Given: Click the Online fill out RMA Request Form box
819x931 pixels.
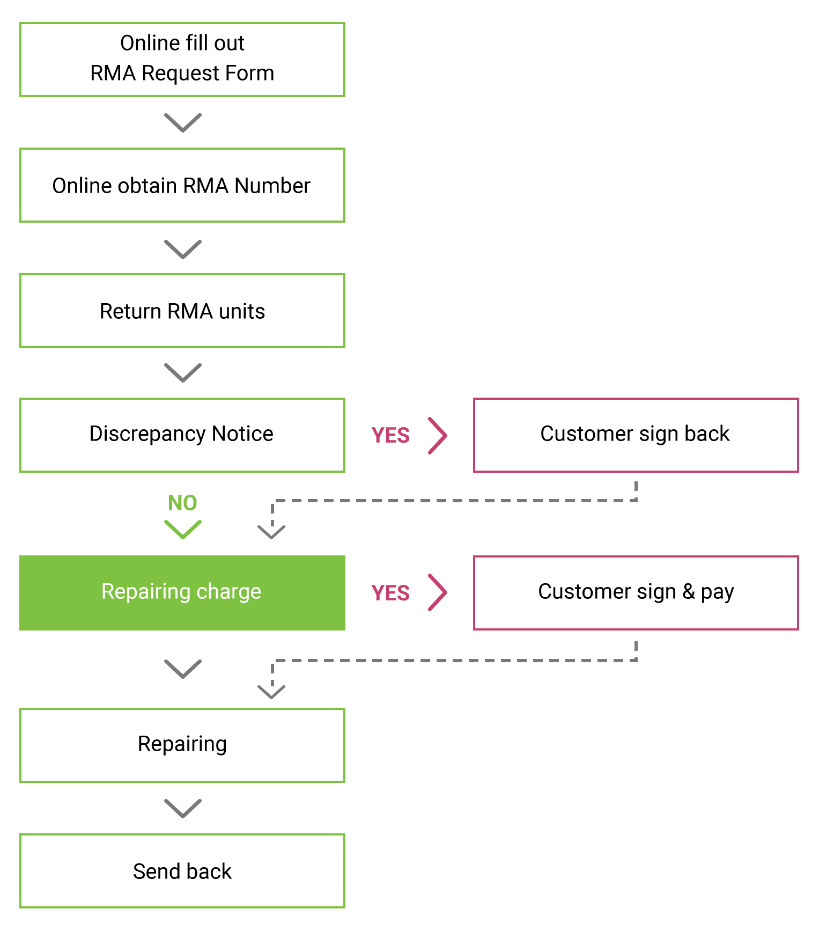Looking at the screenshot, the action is point(182,60).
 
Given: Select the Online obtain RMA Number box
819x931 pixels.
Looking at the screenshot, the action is point(182,185).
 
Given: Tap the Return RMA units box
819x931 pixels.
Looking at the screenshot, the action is point(182,311).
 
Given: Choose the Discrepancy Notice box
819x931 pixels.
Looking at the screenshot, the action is point(182,435).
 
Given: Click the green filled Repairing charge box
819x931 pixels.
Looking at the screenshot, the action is point(182,593).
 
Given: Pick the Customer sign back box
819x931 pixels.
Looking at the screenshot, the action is point(636,435).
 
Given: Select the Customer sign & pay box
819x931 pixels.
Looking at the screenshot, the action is point(636,593).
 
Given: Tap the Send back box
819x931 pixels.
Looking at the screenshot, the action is point(182,871).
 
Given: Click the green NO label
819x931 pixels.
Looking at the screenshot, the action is point(182,503).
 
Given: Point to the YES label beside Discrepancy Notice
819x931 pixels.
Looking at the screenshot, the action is point(390,435).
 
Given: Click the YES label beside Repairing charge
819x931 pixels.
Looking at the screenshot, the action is point(390,593).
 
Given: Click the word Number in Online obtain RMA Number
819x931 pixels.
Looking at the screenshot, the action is point(272,186).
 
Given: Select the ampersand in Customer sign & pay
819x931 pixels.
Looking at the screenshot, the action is point(689,591).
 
